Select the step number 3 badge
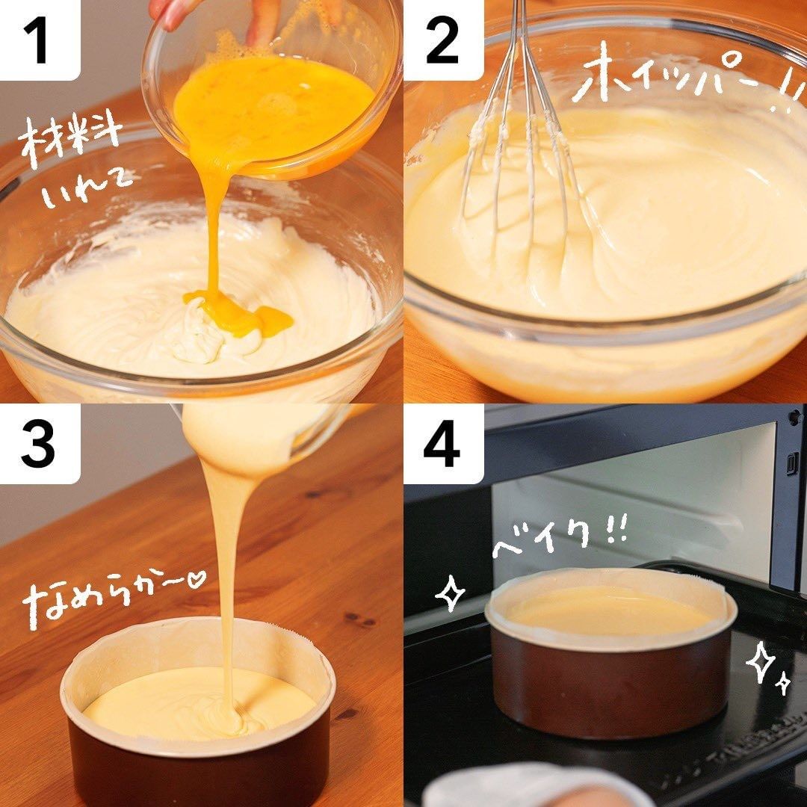(39, 444)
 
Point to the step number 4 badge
(442, 444)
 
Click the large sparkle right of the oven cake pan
(761, 661)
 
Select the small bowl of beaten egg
(272, 87)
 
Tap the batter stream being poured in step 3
(226, 581)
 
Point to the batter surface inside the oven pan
(610, 613)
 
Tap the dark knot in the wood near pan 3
(360, 620)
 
